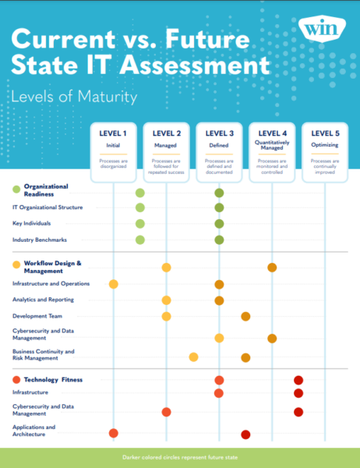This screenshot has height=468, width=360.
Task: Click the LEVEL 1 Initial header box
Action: tap(113, 151)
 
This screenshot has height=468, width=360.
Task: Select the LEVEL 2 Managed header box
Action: tap(166, 151)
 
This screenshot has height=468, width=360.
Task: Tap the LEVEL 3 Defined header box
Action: tap(219, 151)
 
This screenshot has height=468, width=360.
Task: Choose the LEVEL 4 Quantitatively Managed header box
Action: tap(272, 151)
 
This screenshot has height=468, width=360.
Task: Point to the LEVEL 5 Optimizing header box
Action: tap(324, 151)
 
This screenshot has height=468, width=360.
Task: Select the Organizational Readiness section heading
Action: tap(46, 191)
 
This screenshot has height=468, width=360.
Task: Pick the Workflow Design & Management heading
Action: tap(52, 267)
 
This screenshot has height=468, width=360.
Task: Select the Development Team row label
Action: tap(39, 316)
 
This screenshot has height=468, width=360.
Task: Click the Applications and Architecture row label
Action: tap(34, 431)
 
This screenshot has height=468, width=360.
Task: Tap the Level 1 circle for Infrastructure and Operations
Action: tap(113, 284)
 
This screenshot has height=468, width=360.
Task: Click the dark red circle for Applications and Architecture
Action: tap(245, 434)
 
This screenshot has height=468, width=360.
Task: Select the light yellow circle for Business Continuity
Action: tap(193, 357)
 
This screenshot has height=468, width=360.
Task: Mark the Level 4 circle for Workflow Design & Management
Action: tap(272, 268)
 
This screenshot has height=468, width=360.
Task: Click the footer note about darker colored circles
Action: tap(179, 458)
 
